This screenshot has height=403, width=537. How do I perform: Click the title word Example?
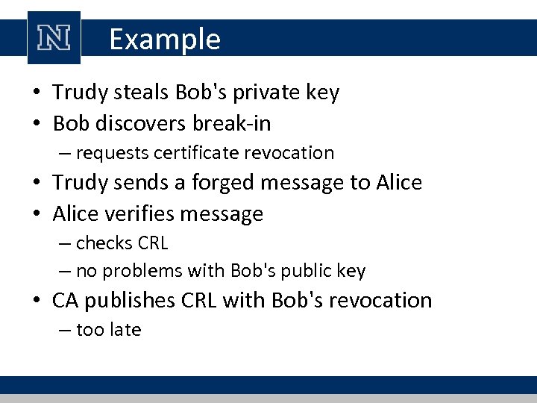(x=165, y=40)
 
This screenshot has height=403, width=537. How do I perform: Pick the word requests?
(x=112, y=153)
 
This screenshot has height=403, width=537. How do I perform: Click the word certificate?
(x=195, y=153)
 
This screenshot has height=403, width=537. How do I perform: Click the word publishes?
(x=129, y=300)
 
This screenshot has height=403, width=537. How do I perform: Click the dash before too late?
(x=66, y=330)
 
